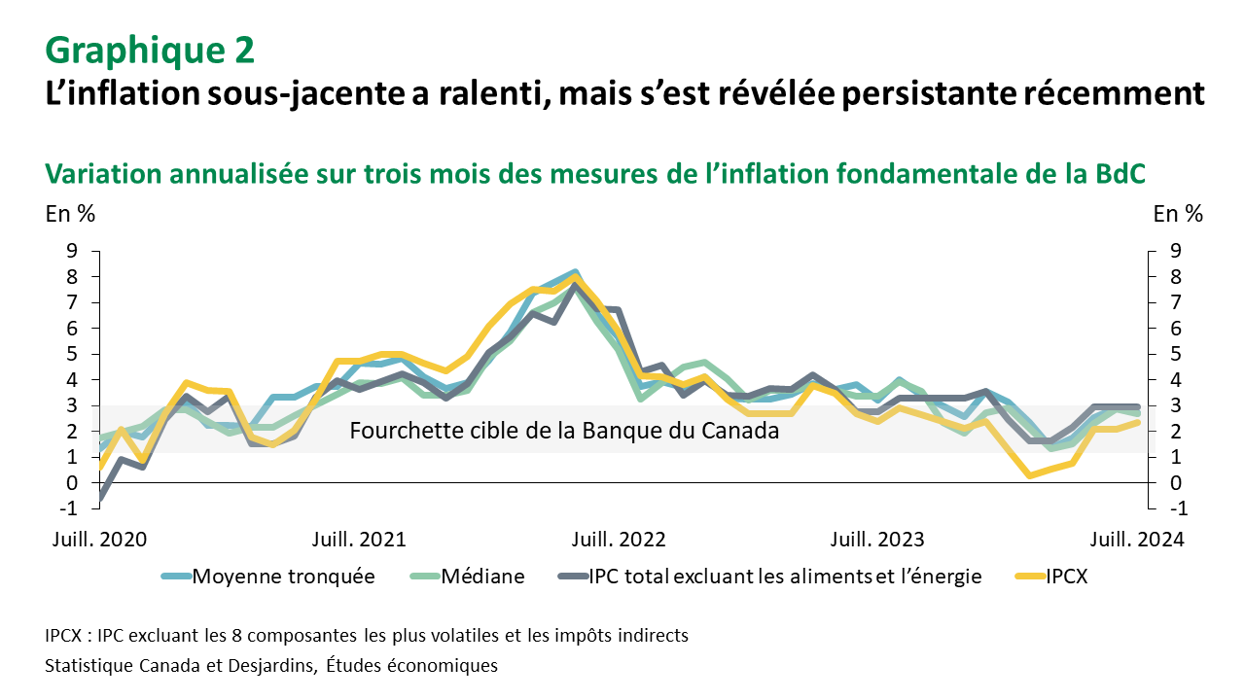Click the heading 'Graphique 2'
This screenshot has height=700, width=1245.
[x=150, y=49]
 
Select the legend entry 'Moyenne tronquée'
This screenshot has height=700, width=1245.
[x=282, y=576]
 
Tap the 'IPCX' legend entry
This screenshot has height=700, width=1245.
[x=1066, y=576]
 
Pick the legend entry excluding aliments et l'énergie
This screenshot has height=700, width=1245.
[x=785, y=576]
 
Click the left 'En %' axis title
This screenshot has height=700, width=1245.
[x=71, y=214]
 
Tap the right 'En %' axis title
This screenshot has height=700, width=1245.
[x=1177, y=214]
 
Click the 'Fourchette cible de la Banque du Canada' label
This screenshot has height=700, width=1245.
[x=564, y=431]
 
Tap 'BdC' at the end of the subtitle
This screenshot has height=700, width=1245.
[x=1120, y=173]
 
